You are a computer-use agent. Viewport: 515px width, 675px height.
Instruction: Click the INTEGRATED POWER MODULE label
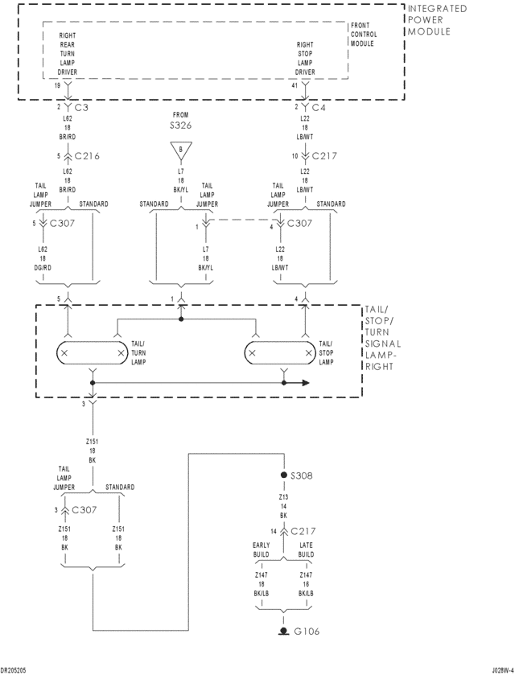click(437, 20)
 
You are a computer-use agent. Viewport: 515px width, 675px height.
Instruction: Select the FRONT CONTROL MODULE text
click(364, 35)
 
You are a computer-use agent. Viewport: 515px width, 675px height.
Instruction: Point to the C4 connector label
click(318, 107)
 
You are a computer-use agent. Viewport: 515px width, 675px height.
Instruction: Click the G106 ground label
click(306, 632)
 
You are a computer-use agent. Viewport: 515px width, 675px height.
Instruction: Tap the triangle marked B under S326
click(181, 149)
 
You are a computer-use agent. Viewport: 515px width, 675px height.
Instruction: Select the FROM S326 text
click(181, 121)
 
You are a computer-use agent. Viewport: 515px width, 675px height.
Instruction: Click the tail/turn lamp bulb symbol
click(93, 352)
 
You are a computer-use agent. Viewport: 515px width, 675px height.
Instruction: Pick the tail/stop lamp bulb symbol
click(281, 352)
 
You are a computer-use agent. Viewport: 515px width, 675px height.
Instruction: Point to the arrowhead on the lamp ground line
click(306, 383)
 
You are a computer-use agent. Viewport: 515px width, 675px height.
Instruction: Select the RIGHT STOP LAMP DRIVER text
click(305, 59)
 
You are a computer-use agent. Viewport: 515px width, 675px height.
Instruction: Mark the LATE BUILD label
click(306, 550)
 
